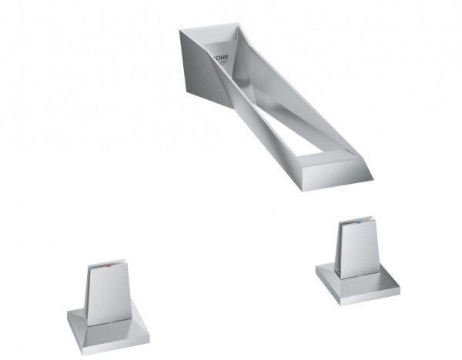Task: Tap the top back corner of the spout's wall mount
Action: coord(182,32)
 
